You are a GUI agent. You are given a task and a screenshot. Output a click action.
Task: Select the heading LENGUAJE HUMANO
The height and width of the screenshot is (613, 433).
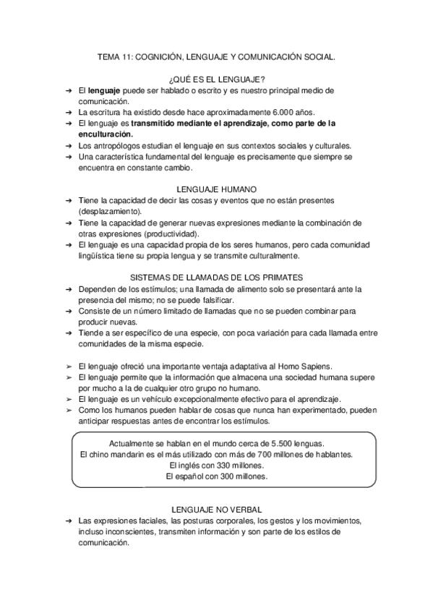[x=216, y=188]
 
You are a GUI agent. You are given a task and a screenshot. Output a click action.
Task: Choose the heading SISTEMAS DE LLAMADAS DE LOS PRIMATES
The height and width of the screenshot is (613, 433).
[x=216, y=277]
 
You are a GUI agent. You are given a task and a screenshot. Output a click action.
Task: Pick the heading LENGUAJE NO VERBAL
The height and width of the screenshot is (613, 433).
[x=216, y=510]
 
